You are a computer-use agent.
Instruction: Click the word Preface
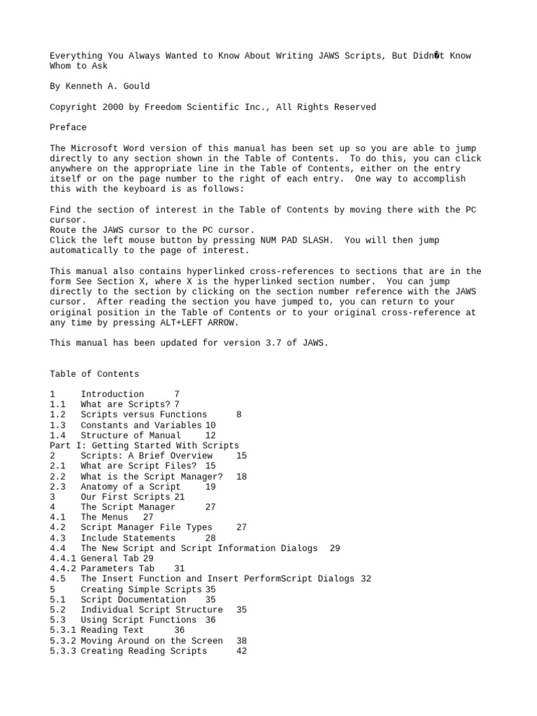69,127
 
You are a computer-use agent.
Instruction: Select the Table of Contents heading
94,374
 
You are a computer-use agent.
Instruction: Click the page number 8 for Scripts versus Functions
239,415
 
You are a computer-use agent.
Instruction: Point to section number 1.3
58,425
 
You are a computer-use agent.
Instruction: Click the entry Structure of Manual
131,435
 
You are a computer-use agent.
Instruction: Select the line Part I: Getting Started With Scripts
145,445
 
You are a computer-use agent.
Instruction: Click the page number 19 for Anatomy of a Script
210,487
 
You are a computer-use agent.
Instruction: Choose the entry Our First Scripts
126,497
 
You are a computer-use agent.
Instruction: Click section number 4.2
58,527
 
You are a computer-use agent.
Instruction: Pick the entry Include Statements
128,538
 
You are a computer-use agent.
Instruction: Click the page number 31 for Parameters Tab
180,568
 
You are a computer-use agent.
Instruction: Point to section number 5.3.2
64,640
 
